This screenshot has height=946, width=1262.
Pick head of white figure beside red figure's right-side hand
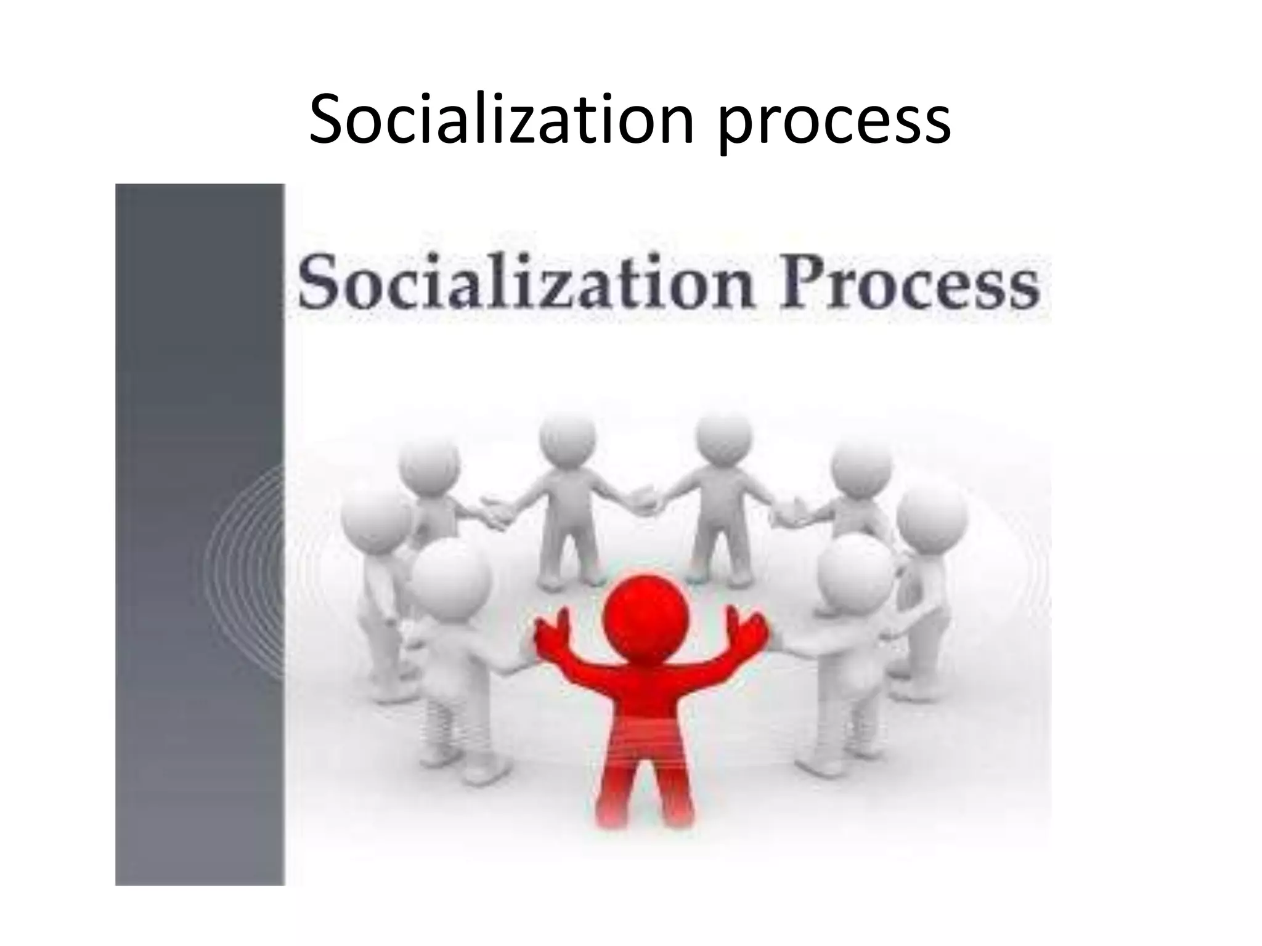coord(853,570)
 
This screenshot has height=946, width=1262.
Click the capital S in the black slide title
coord(327,120)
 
